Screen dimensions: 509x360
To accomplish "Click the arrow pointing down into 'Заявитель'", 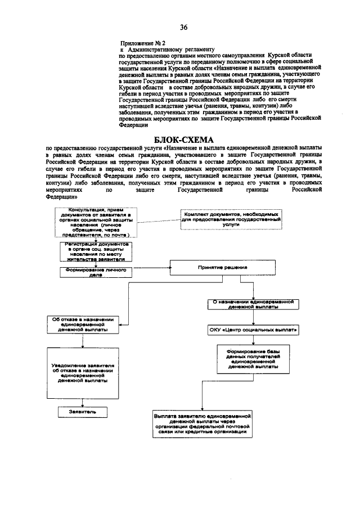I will (83, 403).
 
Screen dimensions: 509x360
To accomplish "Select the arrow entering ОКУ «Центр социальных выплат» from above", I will (254, 318).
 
